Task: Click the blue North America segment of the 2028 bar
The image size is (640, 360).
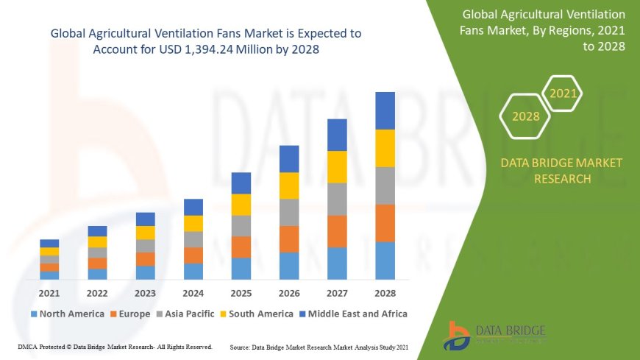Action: point(385,261)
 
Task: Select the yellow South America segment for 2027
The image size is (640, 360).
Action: point(337,166)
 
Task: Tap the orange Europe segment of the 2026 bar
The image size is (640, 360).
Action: point(289,239)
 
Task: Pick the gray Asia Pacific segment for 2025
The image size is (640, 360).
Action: point(241,225)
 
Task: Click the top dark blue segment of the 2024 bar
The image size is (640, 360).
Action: point(193,207)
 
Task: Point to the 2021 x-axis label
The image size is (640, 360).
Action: point(49,292)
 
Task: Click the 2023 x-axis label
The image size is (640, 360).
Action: point(145,292)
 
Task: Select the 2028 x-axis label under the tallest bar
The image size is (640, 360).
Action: point(385,292)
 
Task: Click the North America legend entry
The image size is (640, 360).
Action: point(67,314)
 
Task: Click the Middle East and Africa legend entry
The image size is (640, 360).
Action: point(354,314)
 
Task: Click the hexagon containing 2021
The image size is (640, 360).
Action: point(563,93)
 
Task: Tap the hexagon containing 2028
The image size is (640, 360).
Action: point(525,116)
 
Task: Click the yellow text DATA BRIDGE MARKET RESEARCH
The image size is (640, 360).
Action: point(561,170)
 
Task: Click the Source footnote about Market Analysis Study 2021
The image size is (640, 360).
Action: point(319,346)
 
